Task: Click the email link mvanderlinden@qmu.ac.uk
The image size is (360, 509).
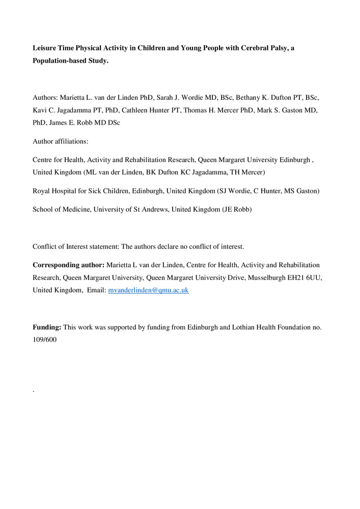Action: click(x=148, y=290)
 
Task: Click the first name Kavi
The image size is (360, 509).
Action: click(x=40, y=109)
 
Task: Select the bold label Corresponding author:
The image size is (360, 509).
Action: click(x=69, y=265)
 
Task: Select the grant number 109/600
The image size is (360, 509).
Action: click(x=44, y=340)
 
